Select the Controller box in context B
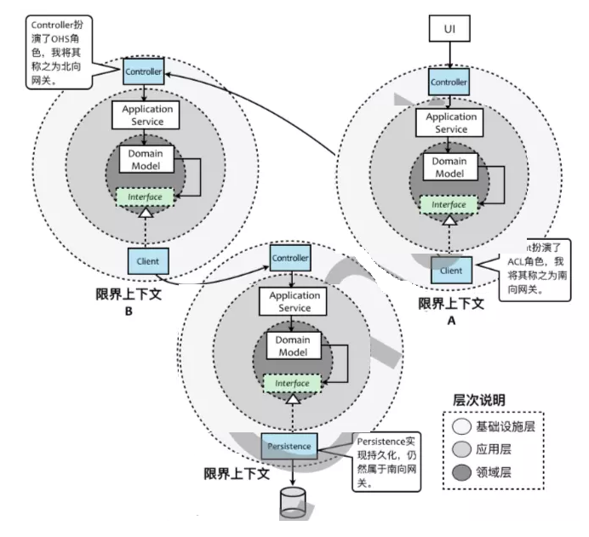(143, 71)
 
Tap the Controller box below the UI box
(449, 82)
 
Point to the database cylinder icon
(292, 502)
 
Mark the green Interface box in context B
(145, 197)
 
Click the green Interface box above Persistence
(292, 383)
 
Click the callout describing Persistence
(383, 459)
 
